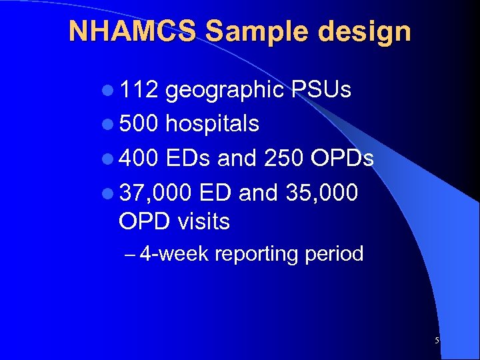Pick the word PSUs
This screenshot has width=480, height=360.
(x=321, y=90)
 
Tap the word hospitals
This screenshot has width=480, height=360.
(x=212, y=125)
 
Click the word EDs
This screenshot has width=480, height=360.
(x=193, y=159)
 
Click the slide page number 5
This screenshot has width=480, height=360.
(x=437, y=341)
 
